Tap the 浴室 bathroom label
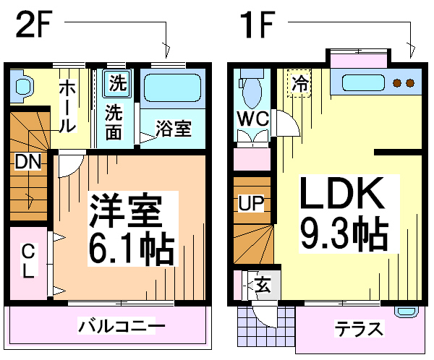[174, 129]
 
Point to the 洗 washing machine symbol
[116, 83]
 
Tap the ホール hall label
[67, 105]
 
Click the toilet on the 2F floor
[22, 87]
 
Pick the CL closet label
[27, 262]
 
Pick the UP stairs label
[252, 203]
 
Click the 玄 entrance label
[262, 285]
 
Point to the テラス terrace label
[358, 330]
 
